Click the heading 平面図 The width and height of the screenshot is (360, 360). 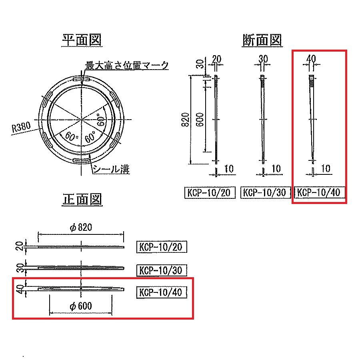pyautogui.click(x=82, y=40)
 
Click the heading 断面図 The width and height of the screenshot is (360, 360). pyautogui.click(x=262, y=40)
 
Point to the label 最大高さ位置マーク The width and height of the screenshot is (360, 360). pyautogui.click(x=127, y=65)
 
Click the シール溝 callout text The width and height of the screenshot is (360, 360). pyautogui.click(x=111, y=169)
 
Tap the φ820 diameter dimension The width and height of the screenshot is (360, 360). pyautogui.click(x=81, y=228)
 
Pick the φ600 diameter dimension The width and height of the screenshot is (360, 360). pyautogui.click(x=80, y=306)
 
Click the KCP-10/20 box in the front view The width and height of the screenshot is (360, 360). pyautogui.click(x=162, y=247)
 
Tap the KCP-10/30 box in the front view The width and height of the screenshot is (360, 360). pyautogui.click(x=162, y=270)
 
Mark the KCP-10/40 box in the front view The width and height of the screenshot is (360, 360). pyautogui.click(x=162, y=292)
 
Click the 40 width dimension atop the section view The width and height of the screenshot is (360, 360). pyautogui.click(x=311, y=58)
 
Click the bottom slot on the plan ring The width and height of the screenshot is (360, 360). pyautogui.click(x=82, y=161)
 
